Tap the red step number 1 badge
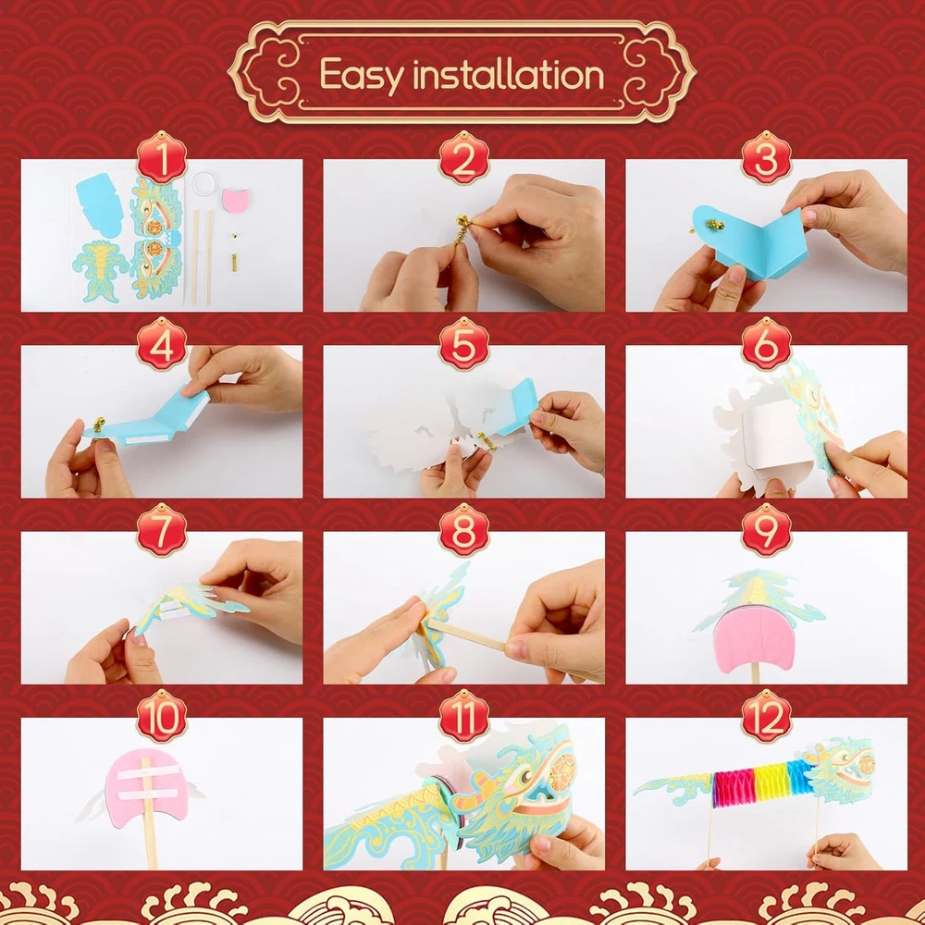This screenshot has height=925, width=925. pyautogui.click(x=162, y=157)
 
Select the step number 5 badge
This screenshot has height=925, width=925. pyautogui.click(x=464, y=343)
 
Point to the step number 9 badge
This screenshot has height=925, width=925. pyautogui.click(x=766, y=530)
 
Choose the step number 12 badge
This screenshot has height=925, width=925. pyautogui.click(x=766, y=716)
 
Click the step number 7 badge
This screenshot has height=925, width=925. pyautogui.click(x=162, y=530)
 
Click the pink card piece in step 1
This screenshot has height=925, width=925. pyautogui.click(x=236, y=200)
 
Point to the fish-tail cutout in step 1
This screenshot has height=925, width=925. pyautogui.click(x=99, y=271)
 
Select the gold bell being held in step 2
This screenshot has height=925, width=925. pyautogui.click(x=463, y=222)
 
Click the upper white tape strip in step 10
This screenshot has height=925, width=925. pyautogui.click(x=149, y=771)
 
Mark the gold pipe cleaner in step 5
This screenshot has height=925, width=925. pyautogui.click(x=487, y=440)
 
